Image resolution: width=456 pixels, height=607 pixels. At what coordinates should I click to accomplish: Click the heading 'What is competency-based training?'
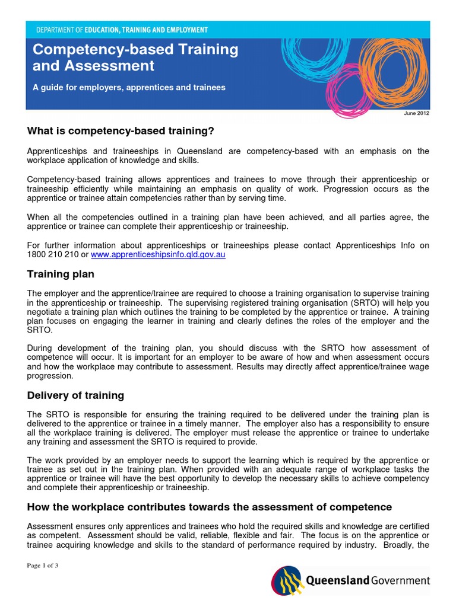pyautogui.click(x=120, y=130)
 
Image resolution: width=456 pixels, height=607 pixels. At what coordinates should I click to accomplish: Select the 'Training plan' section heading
pyautogui.click(x=61, y=274)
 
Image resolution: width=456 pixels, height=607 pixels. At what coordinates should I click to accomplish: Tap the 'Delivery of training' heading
pyautogui.click(x=75, y=395)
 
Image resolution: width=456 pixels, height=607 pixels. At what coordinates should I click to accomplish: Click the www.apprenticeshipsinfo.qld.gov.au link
pyautogui.click(x=158, y=255)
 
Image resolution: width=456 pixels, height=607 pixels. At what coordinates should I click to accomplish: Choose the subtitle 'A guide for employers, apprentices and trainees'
pyautogui.click(x=129, y=87)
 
